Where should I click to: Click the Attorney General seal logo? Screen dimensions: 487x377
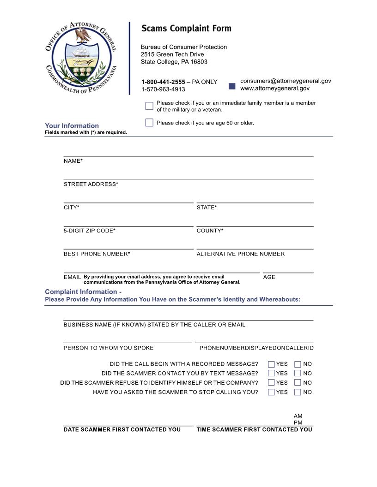(x=81, y=58)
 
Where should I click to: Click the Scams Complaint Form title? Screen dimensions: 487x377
(x=186, y=29)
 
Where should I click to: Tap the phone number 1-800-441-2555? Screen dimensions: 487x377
(x=163, y=82)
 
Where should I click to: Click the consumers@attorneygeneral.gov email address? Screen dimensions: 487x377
(x=286, y=81)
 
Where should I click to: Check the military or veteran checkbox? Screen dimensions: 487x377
(x=149, y=106)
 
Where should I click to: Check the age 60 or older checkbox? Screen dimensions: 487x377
(x=149, y=123)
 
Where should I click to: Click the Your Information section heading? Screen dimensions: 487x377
(x=72, y=125)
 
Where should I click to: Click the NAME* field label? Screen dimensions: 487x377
(x=73, y=161)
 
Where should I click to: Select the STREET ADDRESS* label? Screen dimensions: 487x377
(x=91, y=184)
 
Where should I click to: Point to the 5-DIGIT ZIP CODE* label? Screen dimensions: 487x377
(x=89, y=231)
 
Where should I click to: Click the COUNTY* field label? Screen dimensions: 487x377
(x=210, y=231)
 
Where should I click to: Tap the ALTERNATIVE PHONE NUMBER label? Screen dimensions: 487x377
(x=240, y=254)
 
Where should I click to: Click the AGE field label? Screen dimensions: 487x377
(x=269, y=277)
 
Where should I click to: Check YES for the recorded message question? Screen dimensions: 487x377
(x=271, y=364)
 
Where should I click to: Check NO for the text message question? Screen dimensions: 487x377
(x=298, y=373)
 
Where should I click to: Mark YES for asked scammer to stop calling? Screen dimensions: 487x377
(x=271, y=392)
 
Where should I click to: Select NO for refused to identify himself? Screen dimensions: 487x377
(x=298, y=382)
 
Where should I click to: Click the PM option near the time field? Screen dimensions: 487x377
(x=298, y=422)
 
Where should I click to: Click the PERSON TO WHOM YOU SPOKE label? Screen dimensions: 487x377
(x=108, y=348)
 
